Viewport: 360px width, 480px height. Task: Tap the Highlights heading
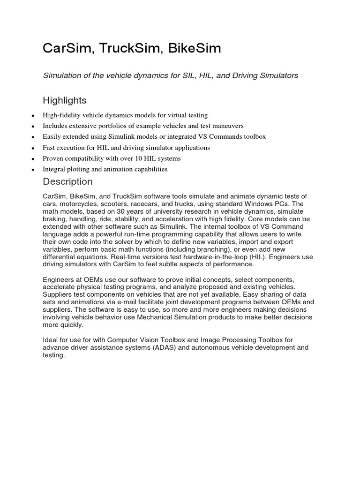(65, 100)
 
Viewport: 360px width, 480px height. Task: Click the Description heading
(67, 181)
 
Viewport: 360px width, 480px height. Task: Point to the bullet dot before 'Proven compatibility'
(32, 159)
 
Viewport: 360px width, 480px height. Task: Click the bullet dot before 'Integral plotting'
(32, 170)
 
